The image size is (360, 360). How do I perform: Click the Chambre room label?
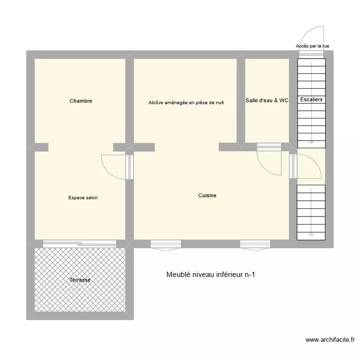(81, 101)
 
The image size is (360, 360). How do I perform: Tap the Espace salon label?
(83, 198)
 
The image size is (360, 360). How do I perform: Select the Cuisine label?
(207, 196)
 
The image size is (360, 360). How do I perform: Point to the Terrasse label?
(79, 280)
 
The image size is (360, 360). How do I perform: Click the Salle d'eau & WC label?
(267, 101)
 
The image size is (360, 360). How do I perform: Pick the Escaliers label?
(312, 100)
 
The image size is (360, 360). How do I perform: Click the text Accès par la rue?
(312, 46)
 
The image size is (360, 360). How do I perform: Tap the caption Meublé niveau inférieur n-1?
(211, 275)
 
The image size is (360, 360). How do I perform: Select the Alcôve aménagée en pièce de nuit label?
(186, 103)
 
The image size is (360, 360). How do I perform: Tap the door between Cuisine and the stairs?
(307, 166)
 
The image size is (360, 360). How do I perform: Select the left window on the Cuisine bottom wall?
(166, 245)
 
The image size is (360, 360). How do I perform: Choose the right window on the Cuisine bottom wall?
(255, 245)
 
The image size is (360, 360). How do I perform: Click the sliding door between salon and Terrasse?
(79, 244)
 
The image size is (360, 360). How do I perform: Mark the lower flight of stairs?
(311, 212)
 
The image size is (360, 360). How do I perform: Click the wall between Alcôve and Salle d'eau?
(241, 101)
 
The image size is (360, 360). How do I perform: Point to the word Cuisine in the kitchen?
(207, 196)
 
